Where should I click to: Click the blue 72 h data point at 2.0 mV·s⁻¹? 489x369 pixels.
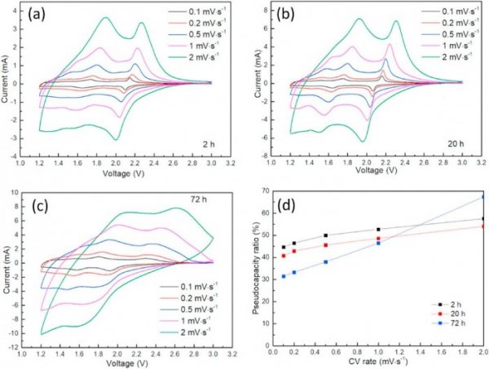483,196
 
